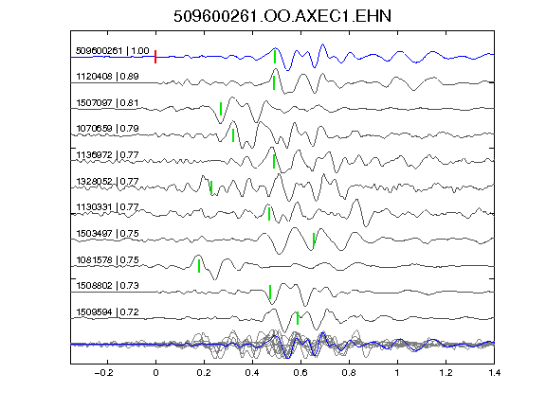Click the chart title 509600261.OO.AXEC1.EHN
[x=282, y=16]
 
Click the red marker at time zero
[x=155, y=57]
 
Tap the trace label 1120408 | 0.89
[x=107, y=76]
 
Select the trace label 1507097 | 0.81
[x=107, y=103]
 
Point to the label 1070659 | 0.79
[x=107, y=129]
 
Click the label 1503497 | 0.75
[x=107, y=233]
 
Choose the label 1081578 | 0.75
[x=107, y=259]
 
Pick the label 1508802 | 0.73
[x=107, y=286]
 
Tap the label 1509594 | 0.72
[x=107, y=312]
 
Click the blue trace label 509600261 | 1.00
[x=113, y=51]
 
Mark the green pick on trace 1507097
[x=221, y=109]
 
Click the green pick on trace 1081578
[x=199, y=266]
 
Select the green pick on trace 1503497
[x=314, y=240]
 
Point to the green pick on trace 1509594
[x=298, y=318]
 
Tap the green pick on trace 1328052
[x=211, y=187]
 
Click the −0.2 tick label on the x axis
[x=103, y=373]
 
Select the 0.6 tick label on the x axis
[x=300, y=373]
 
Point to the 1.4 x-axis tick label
[x=494, y=373]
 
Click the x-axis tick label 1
[x=397, y=373]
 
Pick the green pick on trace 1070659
[x=233, y=135]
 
